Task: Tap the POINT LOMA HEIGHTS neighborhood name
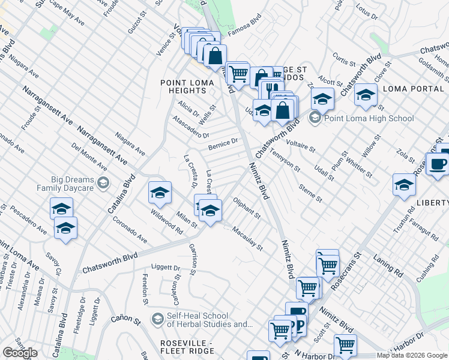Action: pyautogui.click(x=183, y=86)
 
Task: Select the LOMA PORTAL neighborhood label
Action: pyautogui.click(x=412, y=88)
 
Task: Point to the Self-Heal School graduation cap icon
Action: pyautogui.click(x=158, y=317)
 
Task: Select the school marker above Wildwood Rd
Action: pyautogui.click(x=160, y=193)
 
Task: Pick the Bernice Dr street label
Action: pyautogui.click(x=223, y=144)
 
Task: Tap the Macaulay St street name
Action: pyautogui.click(x=248, y=238)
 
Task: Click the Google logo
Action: pyautogui.click(x=20, y=353)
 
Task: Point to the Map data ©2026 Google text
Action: pyautogui.click(x=412, y=355)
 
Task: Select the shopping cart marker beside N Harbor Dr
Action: pyautogui.click(x=345, y=344)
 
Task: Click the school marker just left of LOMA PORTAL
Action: pyautogui.click(x=366, y=95)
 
